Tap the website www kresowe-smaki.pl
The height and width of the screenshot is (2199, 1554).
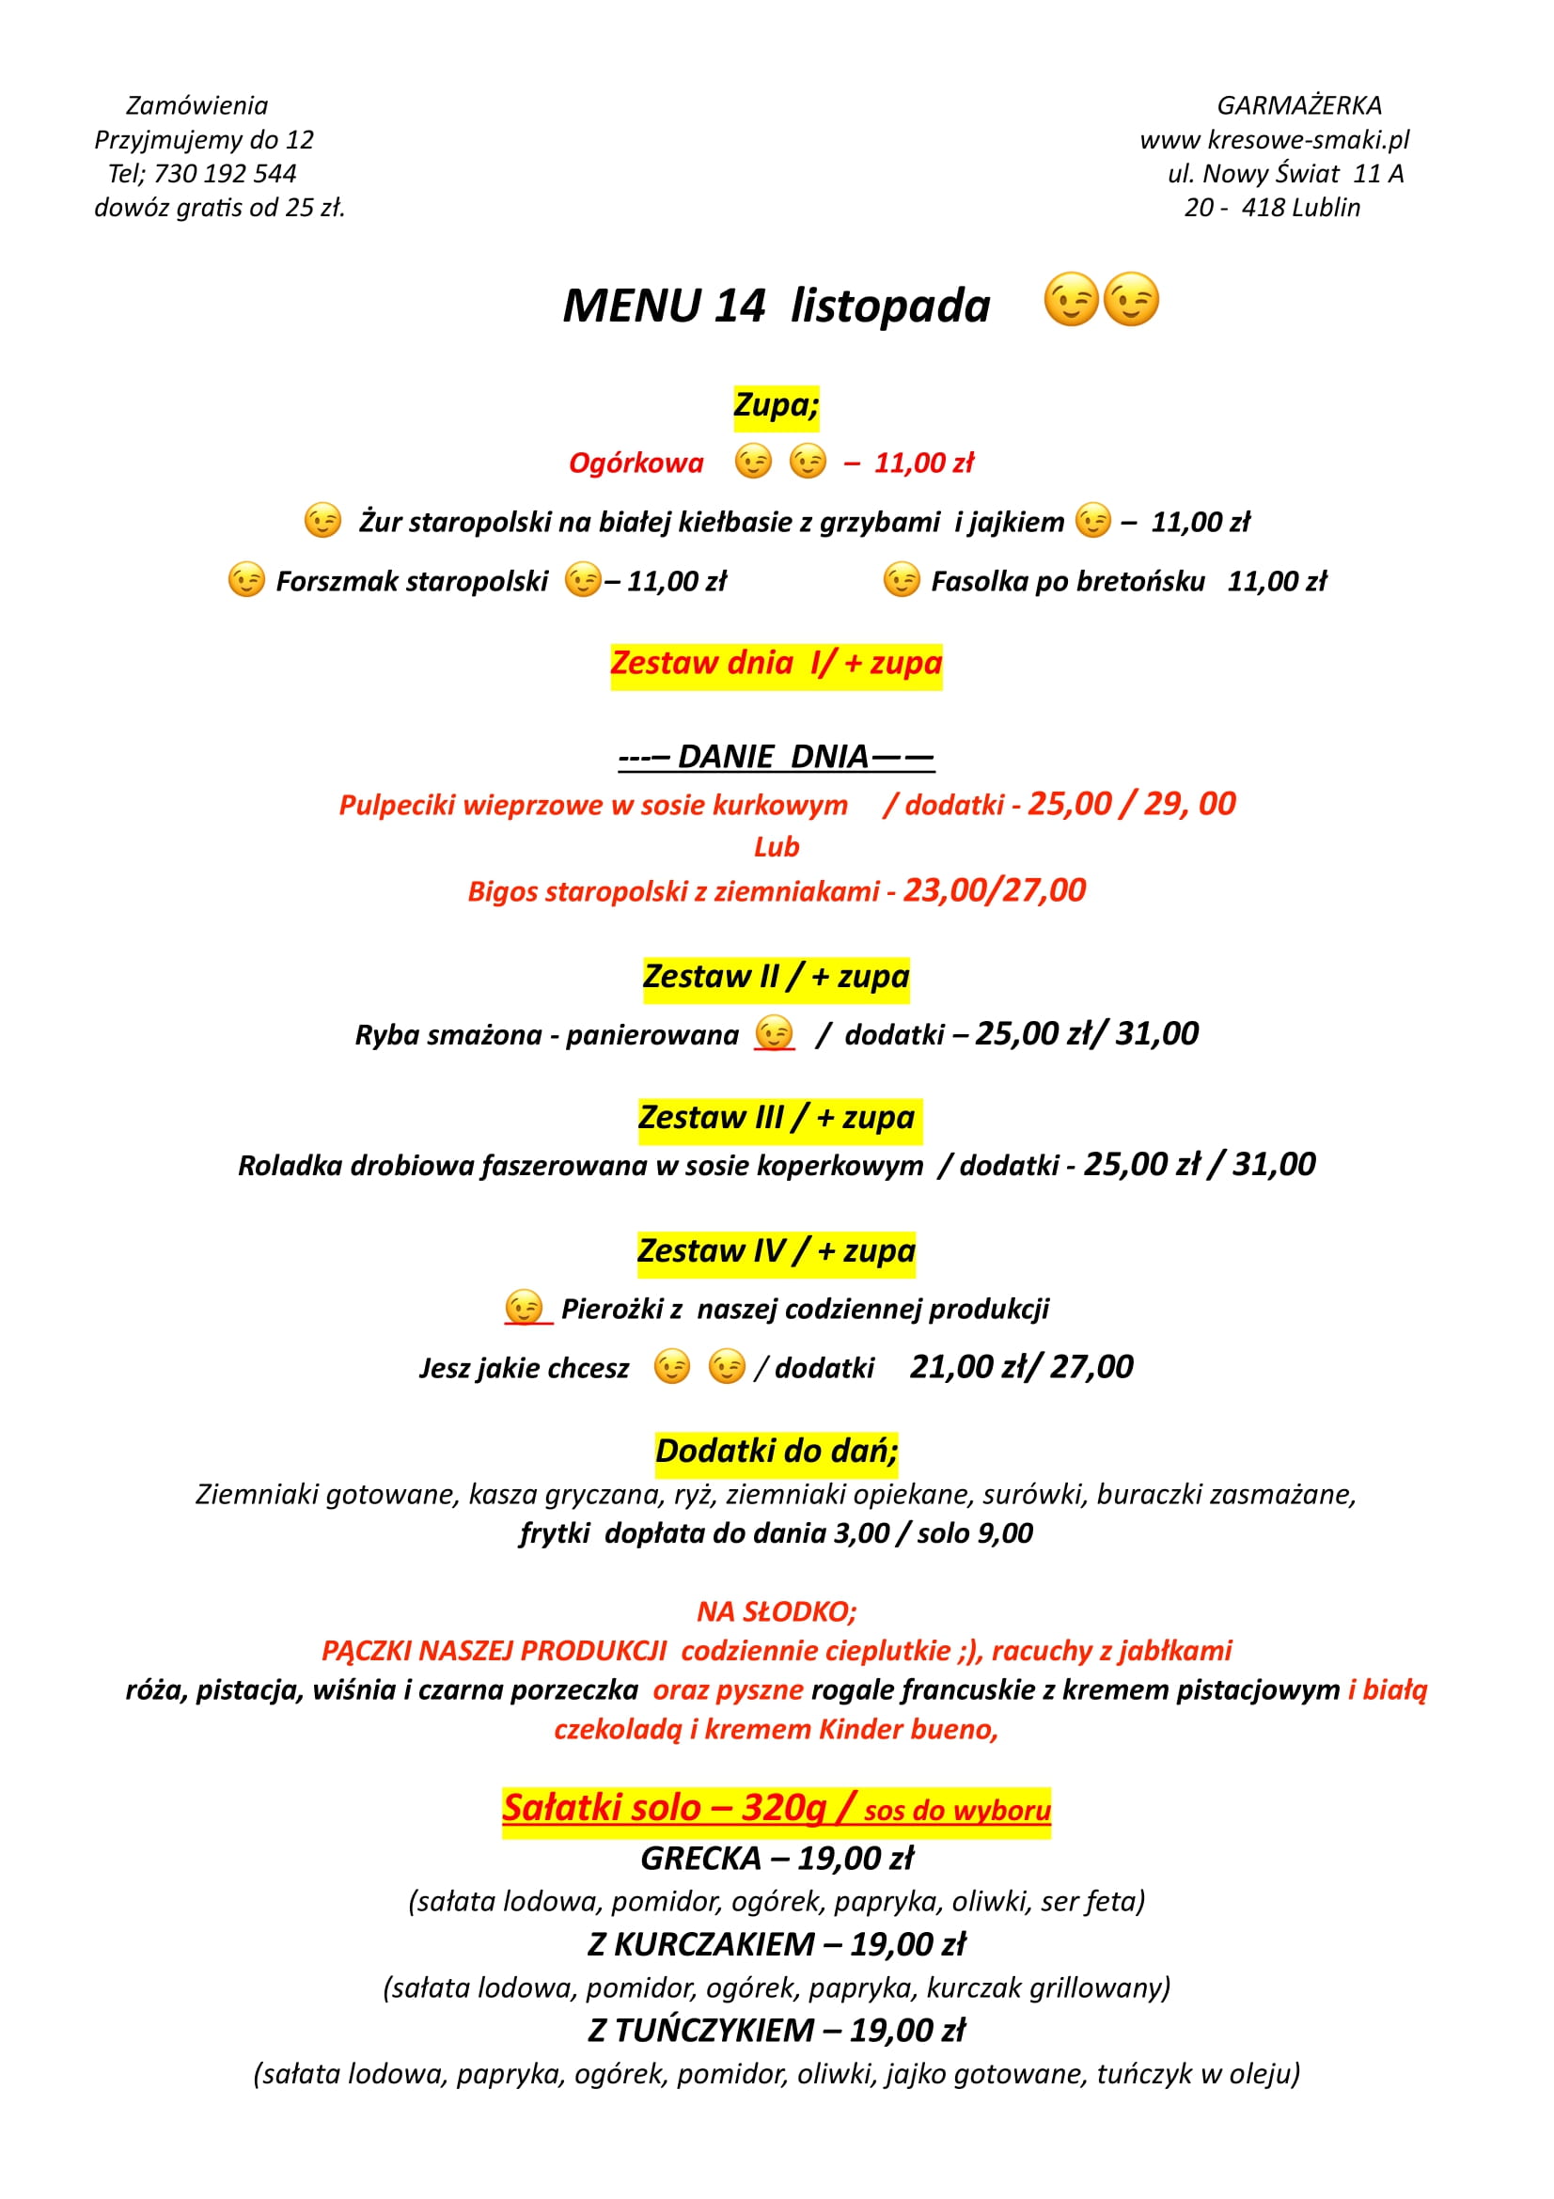click(x=1274, y=140)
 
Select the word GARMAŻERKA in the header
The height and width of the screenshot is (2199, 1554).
click(x=1298, y=105)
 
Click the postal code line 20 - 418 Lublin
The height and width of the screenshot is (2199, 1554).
click(x=1272, y=208)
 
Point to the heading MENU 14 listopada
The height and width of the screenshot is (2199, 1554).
click(x=776, y=306)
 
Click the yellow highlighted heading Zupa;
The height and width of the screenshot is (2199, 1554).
click(x=776, y=405)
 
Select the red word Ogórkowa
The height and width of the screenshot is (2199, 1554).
click(x=636, y=463)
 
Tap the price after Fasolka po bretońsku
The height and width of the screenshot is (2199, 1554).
click(x=1277, y=581)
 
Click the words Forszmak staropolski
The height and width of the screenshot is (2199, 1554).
click(x=412, y=581)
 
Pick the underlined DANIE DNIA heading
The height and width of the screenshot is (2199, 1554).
click(x=776, y=757)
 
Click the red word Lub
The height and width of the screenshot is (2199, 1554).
click(x=776, y=847)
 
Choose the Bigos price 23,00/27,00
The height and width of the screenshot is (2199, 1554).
click(x=994, y=890)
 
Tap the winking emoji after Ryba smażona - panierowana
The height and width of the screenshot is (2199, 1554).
click(x=774, y=1033)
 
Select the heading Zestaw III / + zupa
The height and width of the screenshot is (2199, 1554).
click(x=776, y=1118)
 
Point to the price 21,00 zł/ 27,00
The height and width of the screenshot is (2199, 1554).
click(x=1021, y=1367)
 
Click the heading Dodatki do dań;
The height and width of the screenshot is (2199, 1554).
click(x=776, y=1451)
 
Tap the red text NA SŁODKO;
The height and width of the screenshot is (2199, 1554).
click(x=776, y=1612)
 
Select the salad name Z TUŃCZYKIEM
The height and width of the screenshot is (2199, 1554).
click(x=701, y=2031)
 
